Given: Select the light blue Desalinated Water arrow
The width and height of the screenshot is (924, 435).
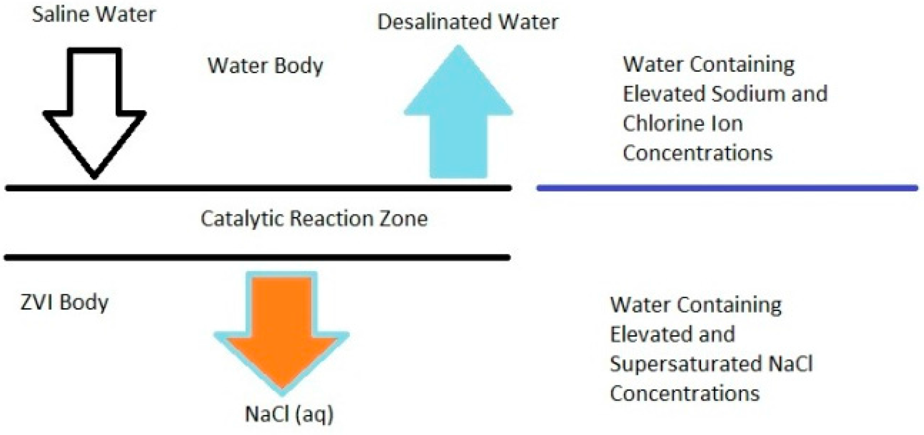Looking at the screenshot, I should (458, 117).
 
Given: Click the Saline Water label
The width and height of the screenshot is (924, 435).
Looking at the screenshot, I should (94, 15).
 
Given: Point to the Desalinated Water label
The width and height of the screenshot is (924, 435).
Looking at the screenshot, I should (468, 22).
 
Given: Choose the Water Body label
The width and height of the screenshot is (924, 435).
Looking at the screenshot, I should (265, 66).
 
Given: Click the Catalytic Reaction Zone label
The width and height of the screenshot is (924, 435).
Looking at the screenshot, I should (314, 219).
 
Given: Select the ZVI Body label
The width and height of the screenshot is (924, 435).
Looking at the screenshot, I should (64, 302).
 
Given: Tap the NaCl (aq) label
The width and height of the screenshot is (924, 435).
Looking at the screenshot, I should (289, 414).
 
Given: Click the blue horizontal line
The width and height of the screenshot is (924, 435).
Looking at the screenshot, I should (727, 188).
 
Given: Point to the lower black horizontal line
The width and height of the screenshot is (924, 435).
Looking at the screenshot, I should (257, 257).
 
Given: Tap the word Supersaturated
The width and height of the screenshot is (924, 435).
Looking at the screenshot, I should (686, 364).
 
